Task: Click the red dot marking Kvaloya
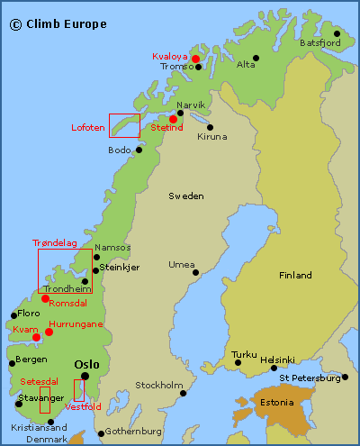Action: tap(195, 59)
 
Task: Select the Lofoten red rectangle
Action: tap(124, 125)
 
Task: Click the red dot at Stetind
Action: tap(173, 118)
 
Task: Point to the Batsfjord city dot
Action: tap(337, 32)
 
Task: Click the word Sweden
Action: tap(186, 196)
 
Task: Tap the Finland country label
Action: tap(295, 275)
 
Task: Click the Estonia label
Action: tap(276, 402)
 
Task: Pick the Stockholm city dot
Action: tap(183, 393)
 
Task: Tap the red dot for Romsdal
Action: tap(44, 298)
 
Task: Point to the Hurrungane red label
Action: tap(76, 323)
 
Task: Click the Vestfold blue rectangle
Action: tap(79, 390)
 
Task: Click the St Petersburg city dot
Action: tap(344, 378)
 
